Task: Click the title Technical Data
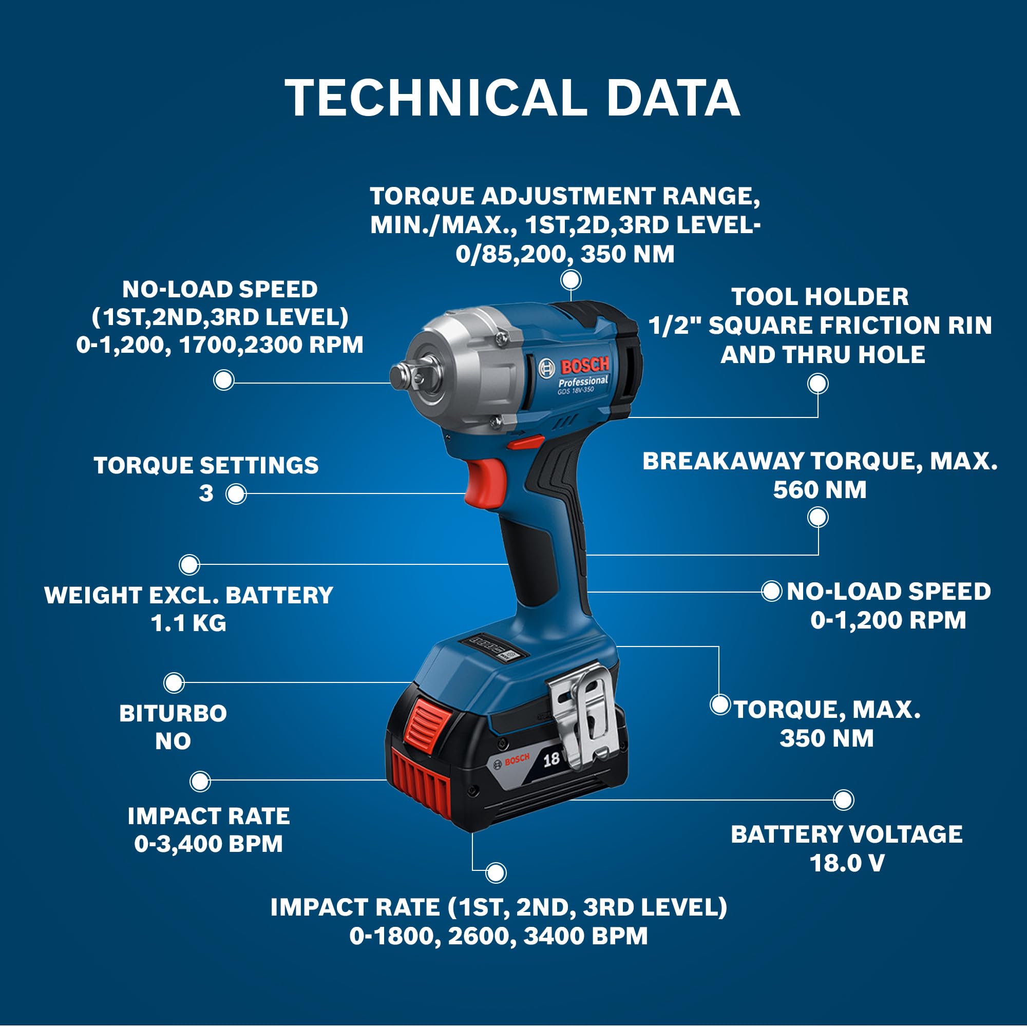pos(512,98)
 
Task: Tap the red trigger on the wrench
pos(485,482)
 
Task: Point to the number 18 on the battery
pos(551,758)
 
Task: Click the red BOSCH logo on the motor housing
pos(585,366)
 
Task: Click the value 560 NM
pos(820,489)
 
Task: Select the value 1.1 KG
pos(188,623)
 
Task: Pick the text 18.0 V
pos(847,863)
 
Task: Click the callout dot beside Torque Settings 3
pos(236,494)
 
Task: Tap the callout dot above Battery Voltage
pos(843,800)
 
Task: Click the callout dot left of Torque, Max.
pos(720,705)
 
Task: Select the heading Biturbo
pos(173,713)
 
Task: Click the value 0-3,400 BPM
pos(208,844)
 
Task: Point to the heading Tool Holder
pos(820,297)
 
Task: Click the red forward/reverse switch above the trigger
pos(525,442)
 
